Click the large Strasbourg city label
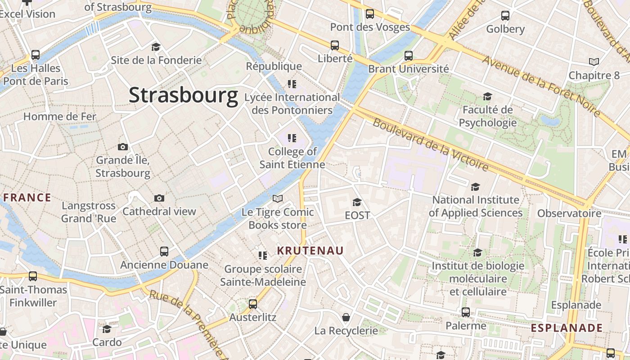[x=183, y=95]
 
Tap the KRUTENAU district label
[x=310, y=251]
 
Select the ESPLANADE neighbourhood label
[x=567, y=328]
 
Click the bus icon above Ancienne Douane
[x=164, y=252]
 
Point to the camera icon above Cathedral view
[x=159, y=198]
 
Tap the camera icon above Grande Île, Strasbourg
[x=122, y=147]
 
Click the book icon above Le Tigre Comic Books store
[x=278, y=198]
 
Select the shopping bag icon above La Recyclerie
[x=346, y=318]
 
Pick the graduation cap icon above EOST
[x=357, y=202]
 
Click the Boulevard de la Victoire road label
[x=431, y=145]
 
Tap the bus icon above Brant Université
[x=408, y=56]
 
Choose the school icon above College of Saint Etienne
[x=292, y=138]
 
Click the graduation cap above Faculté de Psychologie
[x=487, y=96]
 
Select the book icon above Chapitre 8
[x=594, y=62]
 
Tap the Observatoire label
[x=569, y=213]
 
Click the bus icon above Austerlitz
[x=253, y=304]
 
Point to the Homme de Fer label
[x=60, y=117]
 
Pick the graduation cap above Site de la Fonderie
[x=156, y=47]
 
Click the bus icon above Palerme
[x=466, y=312]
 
